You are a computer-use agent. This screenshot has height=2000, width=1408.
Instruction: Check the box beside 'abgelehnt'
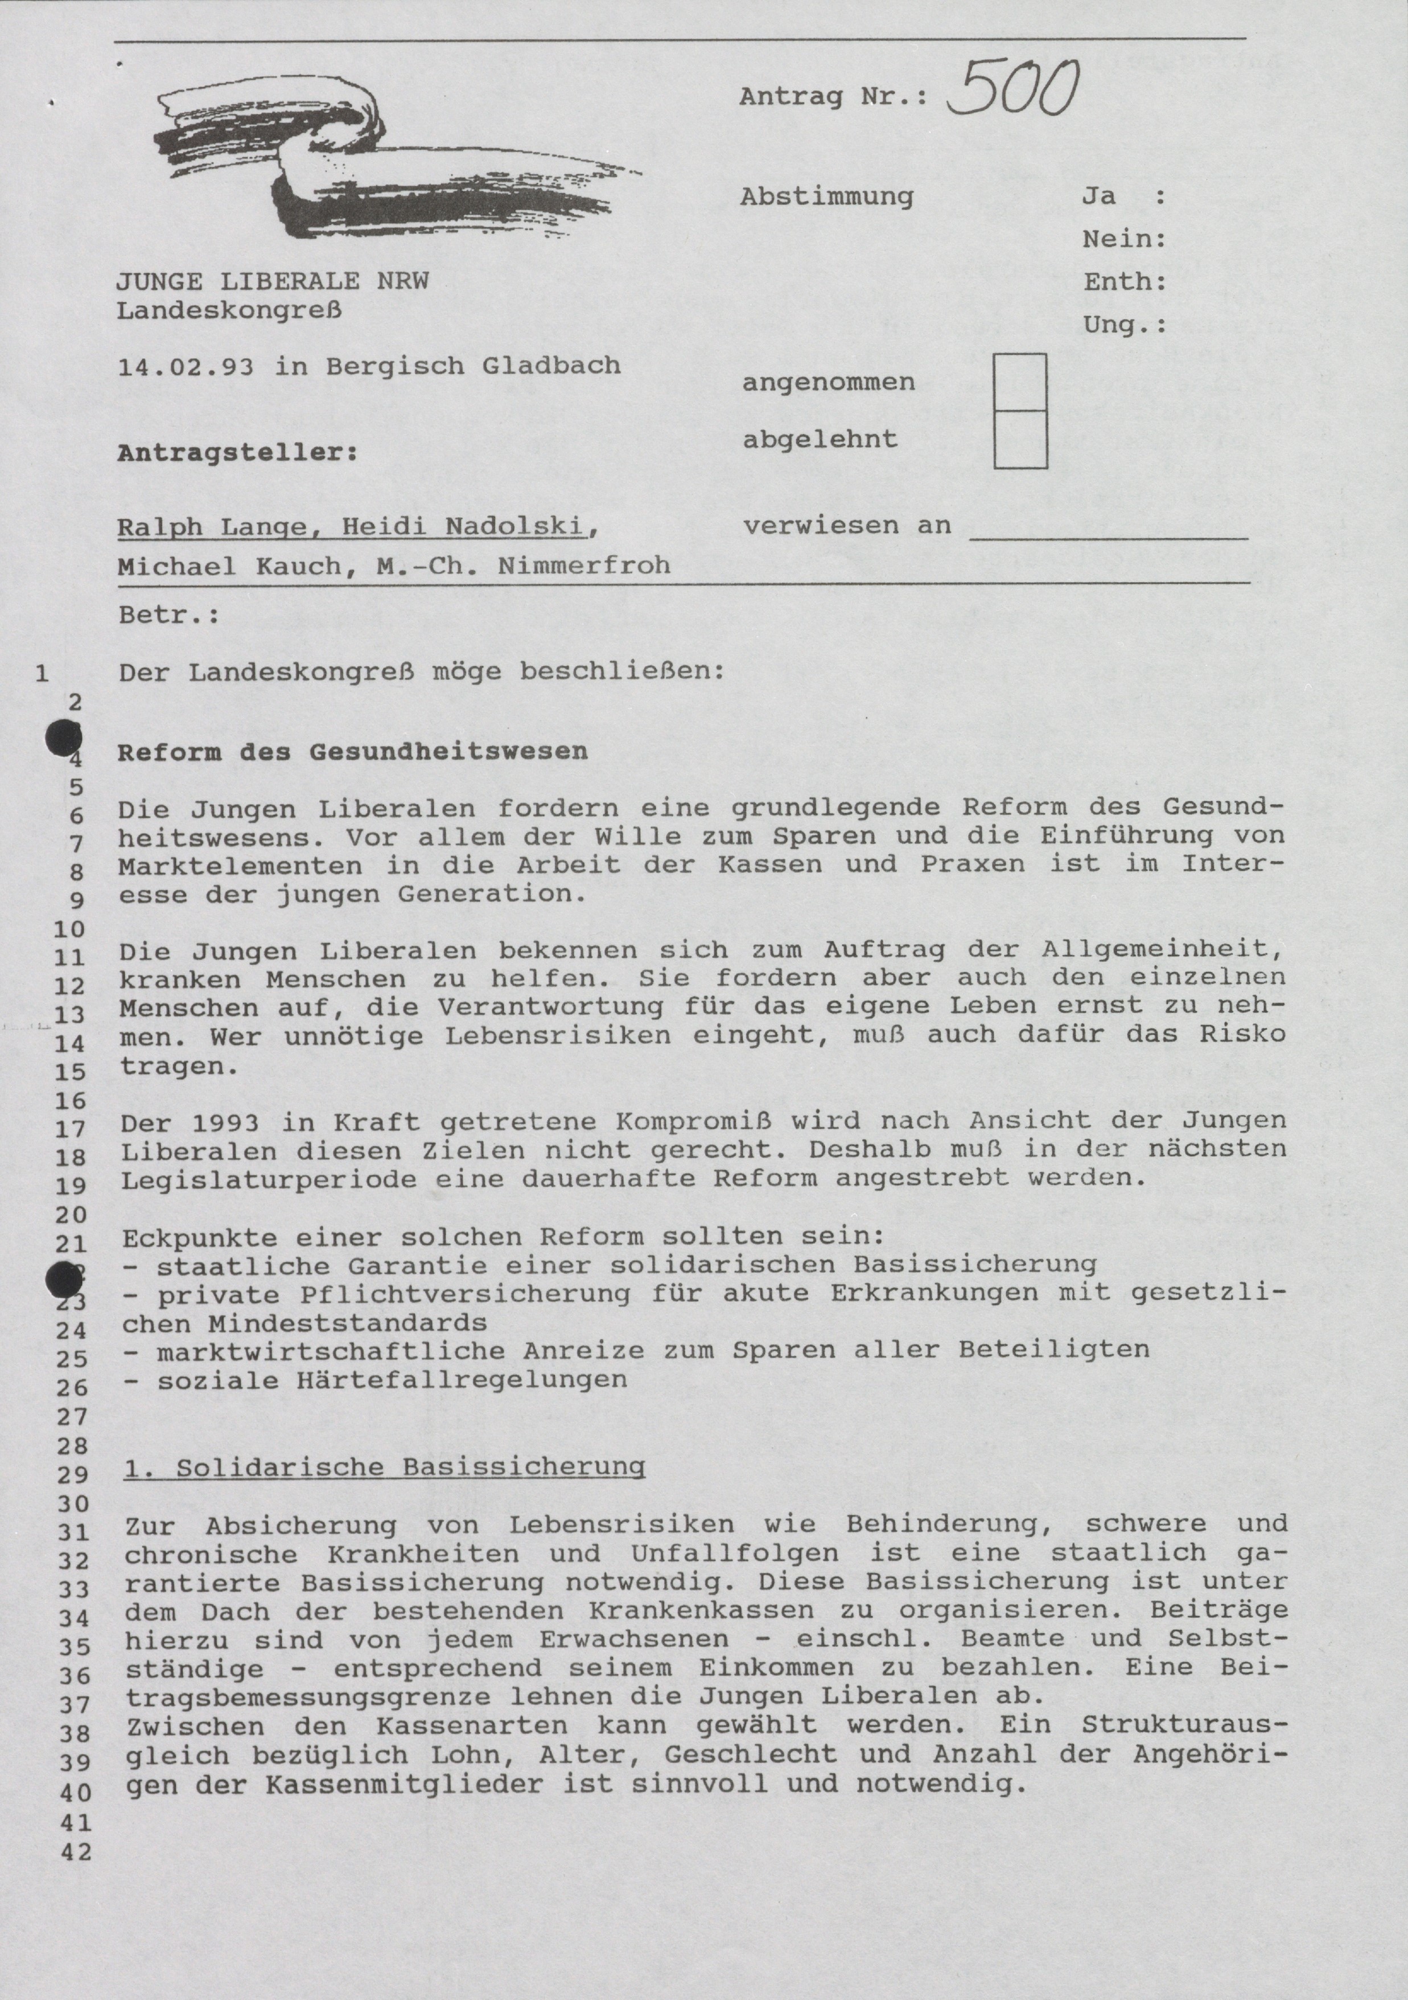1020,439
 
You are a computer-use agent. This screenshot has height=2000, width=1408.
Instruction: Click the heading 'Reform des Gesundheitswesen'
353,752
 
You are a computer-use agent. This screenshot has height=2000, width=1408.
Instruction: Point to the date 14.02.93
186,366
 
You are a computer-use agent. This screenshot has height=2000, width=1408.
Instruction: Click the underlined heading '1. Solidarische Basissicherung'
384,1468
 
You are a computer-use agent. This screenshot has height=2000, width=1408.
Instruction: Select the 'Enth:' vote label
1124,282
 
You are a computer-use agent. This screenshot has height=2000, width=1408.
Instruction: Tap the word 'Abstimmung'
826,197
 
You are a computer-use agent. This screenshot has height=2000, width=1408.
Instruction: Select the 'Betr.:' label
169,616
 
